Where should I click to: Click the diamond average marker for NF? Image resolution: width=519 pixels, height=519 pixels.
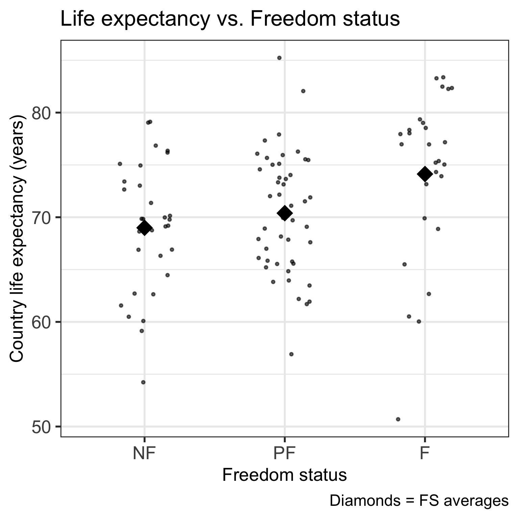click(x=145, y=228)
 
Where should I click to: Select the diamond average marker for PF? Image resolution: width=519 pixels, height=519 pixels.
click(x=285, y=213)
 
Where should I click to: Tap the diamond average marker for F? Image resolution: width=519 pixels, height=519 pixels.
click(x=425, y=174)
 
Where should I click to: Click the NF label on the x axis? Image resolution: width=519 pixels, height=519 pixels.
click(x=144, y=453)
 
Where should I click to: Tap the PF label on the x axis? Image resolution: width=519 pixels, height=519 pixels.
click(x=285, y=453)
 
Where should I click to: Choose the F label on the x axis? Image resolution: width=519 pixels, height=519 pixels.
click(x=424, y=453)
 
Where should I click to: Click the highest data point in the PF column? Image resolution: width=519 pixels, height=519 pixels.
click(x=279, y=58)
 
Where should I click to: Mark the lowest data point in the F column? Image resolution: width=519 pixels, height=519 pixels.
click(x=398, y=419)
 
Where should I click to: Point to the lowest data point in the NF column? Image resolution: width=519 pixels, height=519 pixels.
click(x=143, y=382)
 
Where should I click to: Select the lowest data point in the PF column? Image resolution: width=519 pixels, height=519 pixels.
click(x=291, y=354)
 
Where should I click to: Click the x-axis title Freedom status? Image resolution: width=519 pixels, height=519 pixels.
click(x=285, y=475)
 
